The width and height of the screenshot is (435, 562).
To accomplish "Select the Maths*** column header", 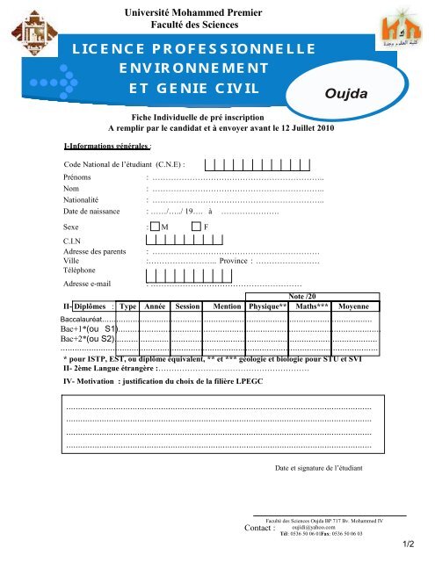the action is [314, 307].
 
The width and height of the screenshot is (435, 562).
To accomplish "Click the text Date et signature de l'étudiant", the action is [318, 468].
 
